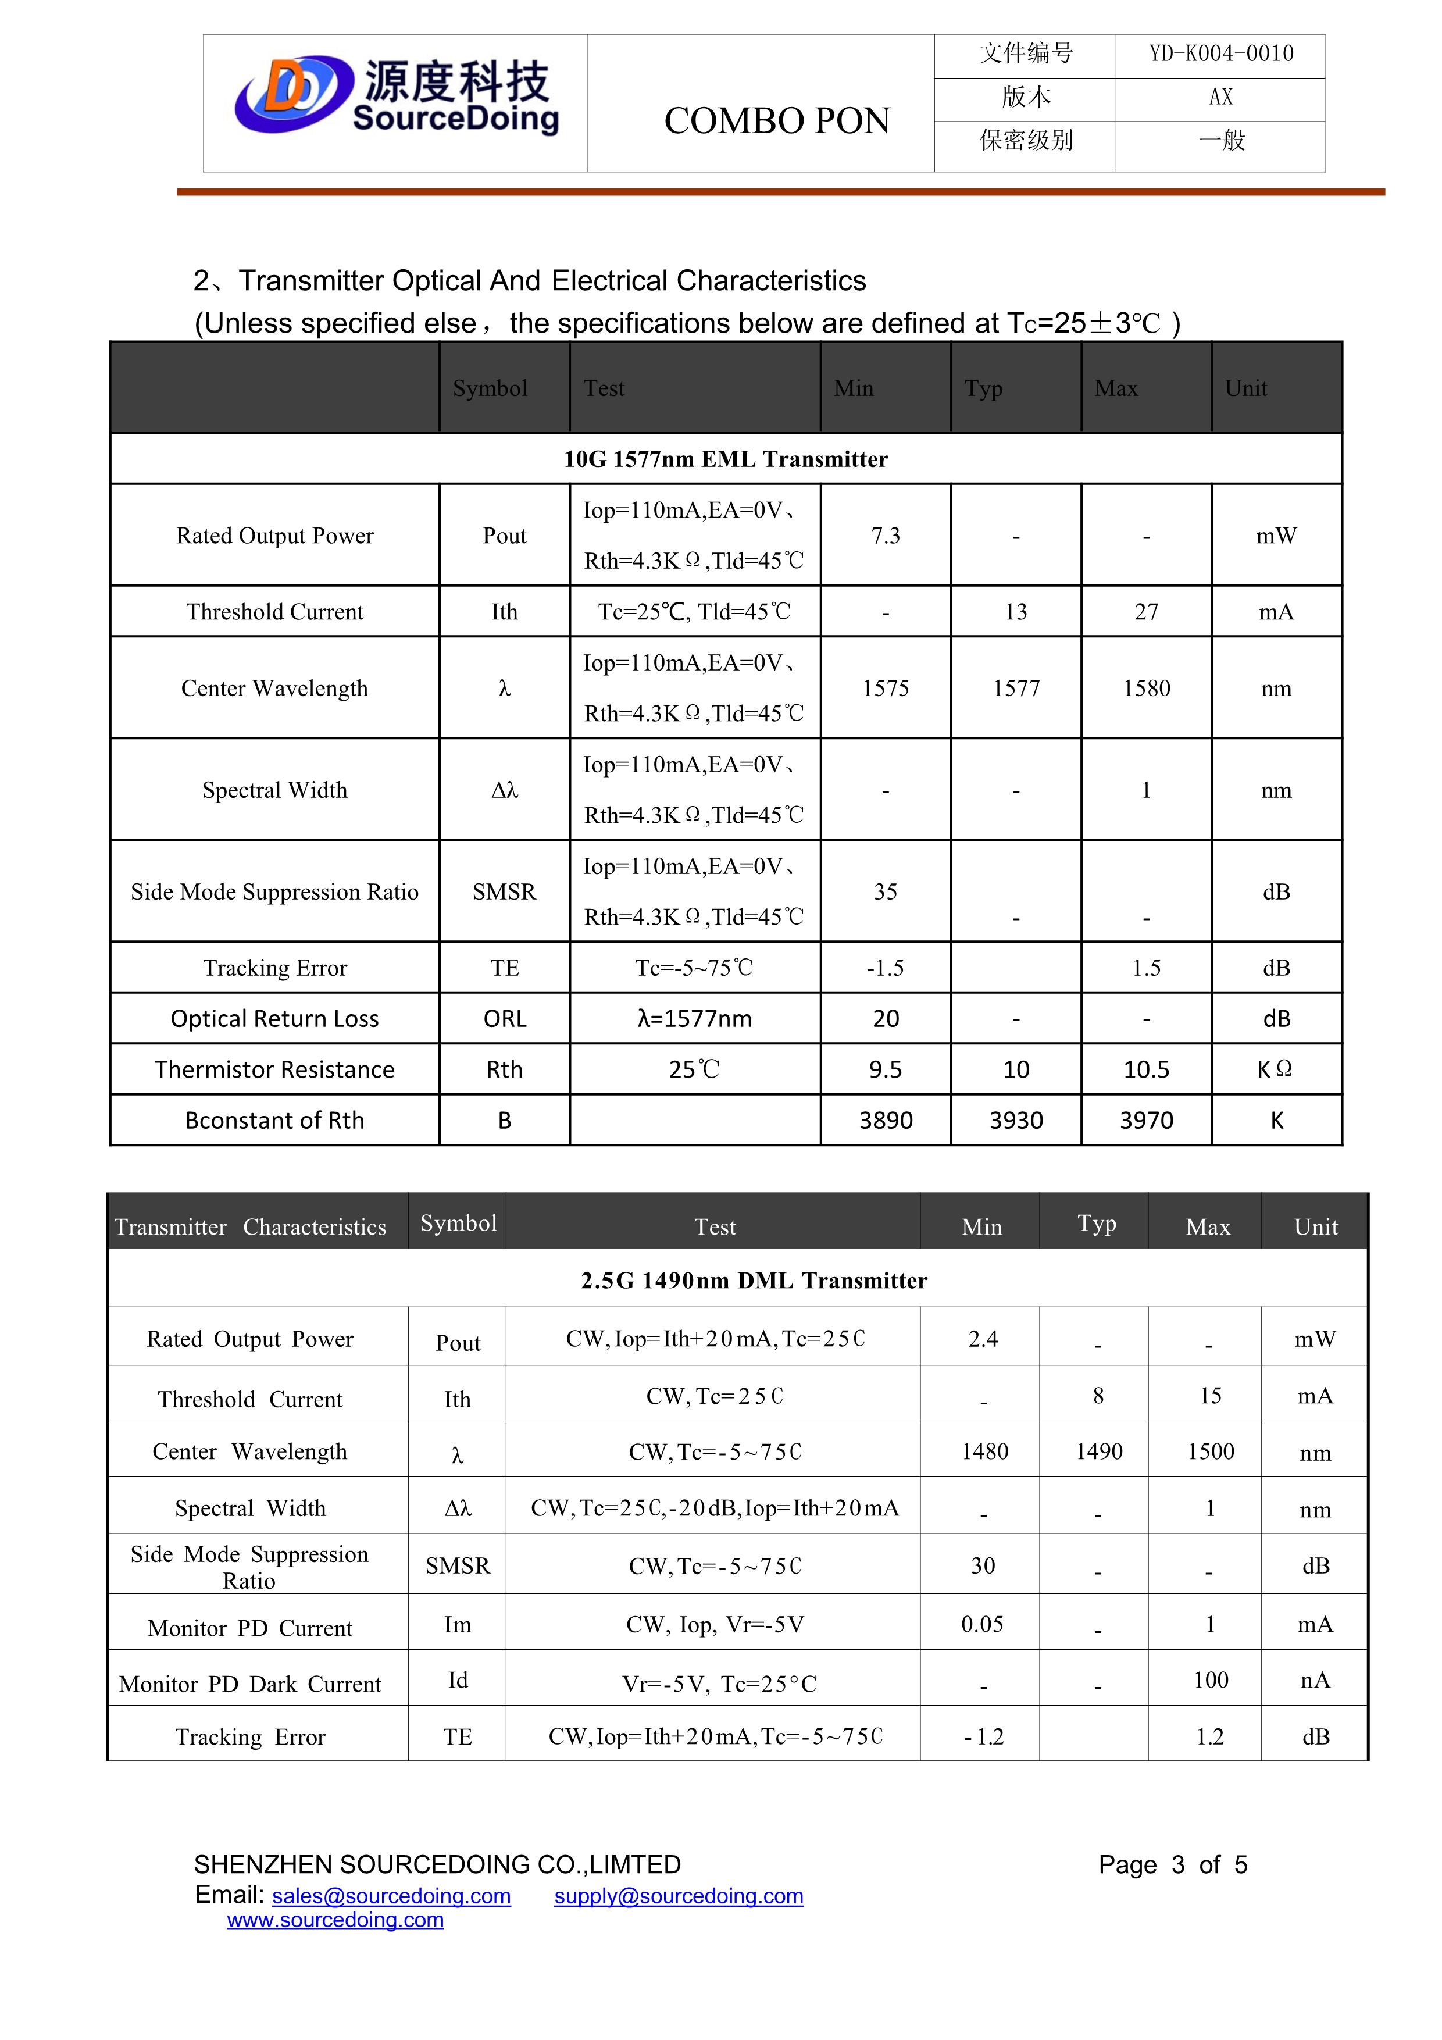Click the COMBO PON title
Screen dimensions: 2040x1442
click(x=777, y=121)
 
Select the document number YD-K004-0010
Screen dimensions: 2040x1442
click(x=1221, y=54)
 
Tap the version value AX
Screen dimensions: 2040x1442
click(x=1221, y=98)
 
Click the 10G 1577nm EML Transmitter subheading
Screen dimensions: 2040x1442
click(x=725, y=459)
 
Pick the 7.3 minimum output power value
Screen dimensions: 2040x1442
click(x=885, y=536)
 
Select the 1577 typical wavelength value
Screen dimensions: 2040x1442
click(x=1016, y=689)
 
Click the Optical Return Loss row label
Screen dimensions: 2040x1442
click(x=274, y=1019)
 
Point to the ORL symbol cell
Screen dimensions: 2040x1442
click(x=505, y=1019)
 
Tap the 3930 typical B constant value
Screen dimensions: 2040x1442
click(x=1016, y=1121)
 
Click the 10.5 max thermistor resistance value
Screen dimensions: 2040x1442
click(x=1146, y=1070)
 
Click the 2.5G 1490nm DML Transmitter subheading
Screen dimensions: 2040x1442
click(x=754, y=1281)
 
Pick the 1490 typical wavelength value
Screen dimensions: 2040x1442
click(x=1099, y=1452)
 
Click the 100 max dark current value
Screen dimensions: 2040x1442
click(x=1210, y=1680)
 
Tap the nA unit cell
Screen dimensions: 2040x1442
click(x=1315, y=1680)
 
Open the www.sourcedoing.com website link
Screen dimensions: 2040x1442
click(x=335, y=1920)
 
